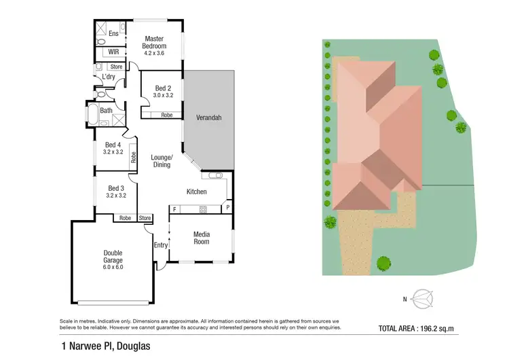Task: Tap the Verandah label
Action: coord(208,118)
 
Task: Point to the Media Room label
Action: coord(202,238)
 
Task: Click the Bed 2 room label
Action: coord(163,88)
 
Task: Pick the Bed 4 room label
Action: coord(114,144)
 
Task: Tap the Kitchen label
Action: coord(197,192)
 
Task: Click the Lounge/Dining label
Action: coord(162,161)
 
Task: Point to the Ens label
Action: coord(113,33)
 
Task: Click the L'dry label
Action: coord(108,77)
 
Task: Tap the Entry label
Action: coord(160,245)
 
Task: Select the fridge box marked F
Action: coord(174,209)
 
